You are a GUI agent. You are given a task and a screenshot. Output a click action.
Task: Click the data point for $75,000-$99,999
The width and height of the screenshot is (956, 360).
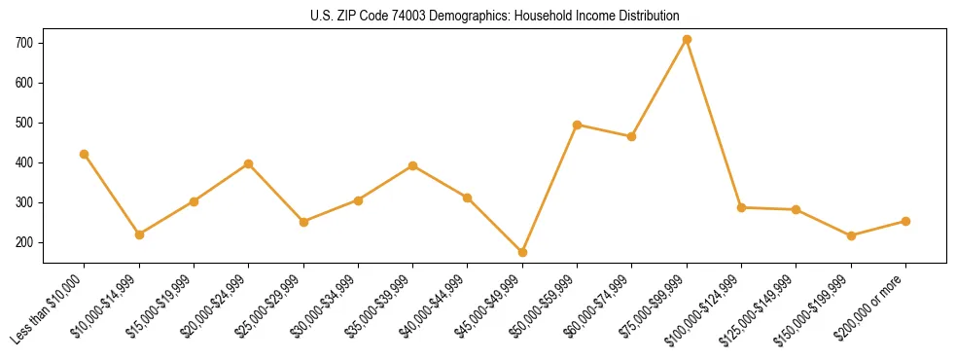[x=687, y=40]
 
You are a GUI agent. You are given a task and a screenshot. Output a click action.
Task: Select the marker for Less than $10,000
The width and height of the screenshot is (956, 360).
[x=85, y=154]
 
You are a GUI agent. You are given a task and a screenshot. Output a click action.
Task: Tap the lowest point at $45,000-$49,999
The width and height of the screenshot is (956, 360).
[x=522, y=252]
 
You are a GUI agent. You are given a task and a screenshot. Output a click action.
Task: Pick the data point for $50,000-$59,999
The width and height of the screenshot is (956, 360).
[x=577, y=125]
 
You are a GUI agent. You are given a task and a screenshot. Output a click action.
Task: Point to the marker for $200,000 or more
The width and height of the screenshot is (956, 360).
[x=905, y=221]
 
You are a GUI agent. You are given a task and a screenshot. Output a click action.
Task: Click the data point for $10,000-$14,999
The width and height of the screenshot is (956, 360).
[x=139, y=234]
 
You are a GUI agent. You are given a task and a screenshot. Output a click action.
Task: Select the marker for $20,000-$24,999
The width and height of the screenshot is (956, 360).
[x=249, y=163]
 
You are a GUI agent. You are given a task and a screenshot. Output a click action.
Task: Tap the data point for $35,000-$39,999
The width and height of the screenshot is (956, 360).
[x=412, y=165]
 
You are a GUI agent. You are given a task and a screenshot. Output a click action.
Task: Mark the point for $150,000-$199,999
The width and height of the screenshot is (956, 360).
[x=851, y=235]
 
